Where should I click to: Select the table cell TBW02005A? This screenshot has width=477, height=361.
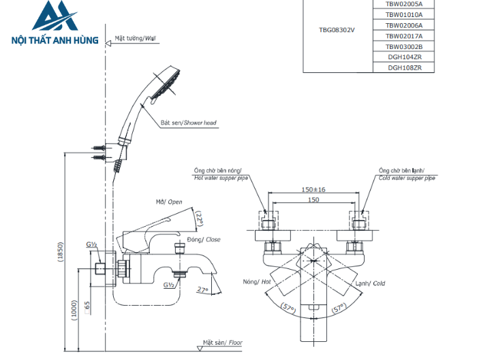coord(405,3)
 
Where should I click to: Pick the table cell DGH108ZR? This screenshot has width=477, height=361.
coord(405,67)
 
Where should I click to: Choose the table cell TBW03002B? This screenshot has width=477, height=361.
coord(405,46)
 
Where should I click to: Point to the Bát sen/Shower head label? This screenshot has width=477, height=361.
coord(189,123)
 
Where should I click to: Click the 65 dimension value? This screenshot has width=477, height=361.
coord(87,305)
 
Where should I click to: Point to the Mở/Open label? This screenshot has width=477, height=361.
coord(169,202)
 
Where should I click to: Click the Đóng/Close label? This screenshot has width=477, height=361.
coord(204,240)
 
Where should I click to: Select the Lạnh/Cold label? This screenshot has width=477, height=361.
coord(371,283)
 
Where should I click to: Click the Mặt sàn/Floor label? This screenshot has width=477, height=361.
coord(222,343)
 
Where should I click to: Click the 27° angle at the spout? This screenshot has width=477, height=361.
coord(202,290)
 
